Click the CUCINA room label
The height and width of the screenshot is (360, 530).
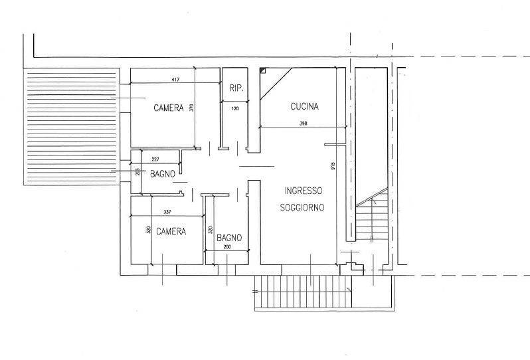coord(305,106)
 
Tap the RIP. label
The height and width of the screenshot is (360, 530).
coord(236,88)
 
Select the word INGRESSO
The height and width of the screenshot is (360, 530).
coord(304,191)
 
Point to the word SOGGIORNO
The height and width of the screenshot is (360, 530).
coord(302,207)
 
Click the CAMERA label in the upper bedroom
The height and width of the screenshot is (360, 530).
coord(169,108)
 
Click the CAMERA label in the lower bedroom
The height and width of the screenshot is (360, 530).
coord(171,231)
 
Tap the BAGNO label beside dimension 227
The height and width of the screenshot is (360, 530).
coord(163,174)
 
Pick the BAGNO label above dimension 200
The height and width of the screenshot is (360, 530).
coord(229,238)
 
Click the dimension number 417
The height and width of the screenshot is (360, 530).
coord(175,80)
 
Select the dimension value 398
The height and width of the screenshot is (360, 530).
coord(304,124)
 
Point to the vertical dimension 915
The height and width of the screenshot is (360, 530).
coord(333,166)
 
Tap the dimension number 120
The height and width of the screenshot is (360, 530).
coord(235,108)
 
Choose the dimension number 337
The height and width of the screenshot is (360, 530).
coord(167,212)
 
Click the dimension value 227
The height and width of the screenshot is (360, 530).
coord(155,159)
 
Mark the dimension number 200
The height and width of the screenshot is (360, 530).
coord(227,247)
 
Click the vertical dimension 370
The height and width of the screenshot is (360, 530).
coord(192,108)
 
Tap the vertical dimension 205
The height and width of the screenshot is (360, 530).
coord(137,172)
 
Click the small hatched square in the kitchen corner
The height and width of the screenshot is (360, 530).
coord(262,70)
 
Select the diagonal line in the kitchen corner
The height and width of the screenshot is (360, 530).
coord(276,84)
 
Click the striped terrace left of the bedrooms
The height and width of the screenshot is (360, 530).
coord(71,127)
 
